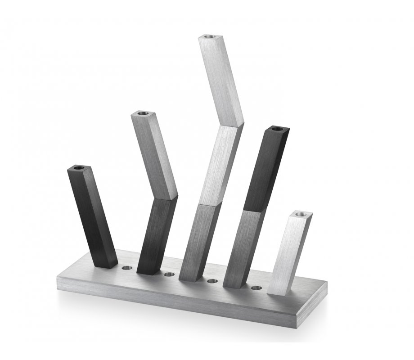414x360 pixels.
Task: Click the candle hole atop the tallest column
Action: pyautogui.click(x=209, y=36)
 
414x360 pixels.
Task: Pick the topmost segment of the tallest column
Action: pyautogui.click(x=220, y=79)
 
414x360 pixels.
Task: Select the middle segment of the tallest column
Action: pyautogui.click(x=219, y=164)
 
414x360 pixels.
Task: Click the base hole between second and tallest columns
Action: pyautogui.click(x=169, y=274)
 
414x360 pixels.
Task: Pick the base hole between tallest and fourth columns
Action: pyautogui.click(x=211, y=281)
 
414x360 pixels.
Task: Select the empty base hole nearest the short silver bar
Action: pyautogui.click(x=256, y=288)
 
